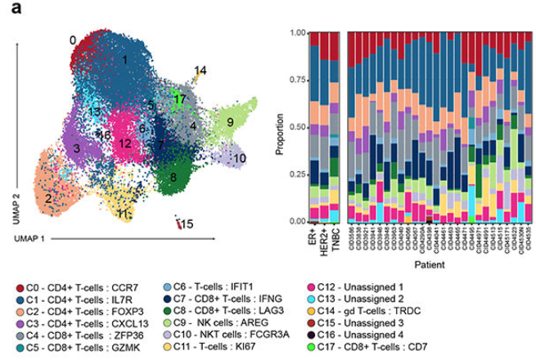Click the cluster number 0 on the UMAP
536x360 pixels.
coord(73,40)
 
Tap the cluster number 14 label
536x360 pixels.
coord(200,70)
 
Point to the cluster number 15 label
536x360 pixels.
coord(187,223)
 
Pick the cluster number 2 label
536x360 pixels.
coord(49,198)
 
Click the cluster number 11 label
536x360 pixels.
coord(124,214)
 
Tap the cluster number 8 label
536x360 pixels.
coord(173,177)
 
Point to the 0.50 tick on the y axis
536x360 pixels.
coord(297,128)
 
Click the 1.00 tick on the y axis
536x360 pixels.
coord(297,34)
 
